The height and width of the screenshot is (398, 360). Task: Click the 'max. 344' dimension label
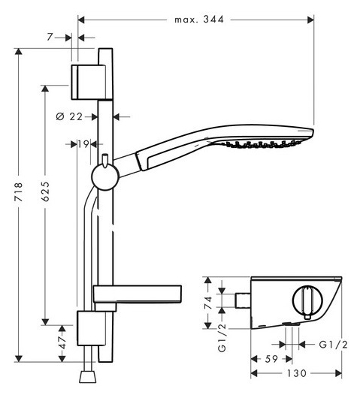coord(199,20)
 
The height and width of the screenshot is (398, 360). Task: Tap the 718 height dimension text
coord(19,192)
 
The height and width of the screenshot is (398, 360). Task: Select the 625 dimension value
coord(46,191)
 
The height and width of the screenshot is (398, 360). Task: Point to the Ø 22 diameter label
coord(69,116)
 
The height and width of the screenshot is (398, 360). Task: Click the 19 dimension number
coord(83,144)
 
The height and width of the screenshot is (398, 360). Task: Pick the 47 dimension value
coord(62,342)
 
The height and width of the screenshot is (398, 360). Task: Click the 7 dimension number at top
coord(50,38)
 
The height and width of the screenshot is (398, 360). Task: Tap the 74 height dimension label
coord(208,303)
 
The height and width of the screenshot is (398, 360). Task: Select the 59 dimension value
coord(271,359)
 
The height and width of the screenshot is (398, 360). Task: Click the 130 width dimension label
coord(296,373)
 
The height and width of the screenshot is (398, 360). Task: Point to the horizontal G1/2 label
coord(333,345)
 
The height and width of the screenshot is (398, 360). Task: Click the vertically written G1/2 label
coord(222,338)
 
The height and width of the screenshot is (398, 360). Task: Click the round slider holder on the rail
coord(105,176)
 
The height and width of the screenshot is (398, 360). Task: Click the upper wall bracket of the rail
coord(88,83)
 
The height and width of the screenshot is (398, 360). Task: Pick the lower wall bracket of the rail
coord(91,328)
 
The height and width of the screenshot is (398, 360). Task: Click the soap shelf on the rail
coord(138,294)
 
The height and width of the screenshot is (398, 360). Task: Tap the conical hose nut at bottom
coord(88,377)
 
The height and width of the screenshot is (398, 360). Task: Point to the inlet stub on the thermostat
coord(243,300)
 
